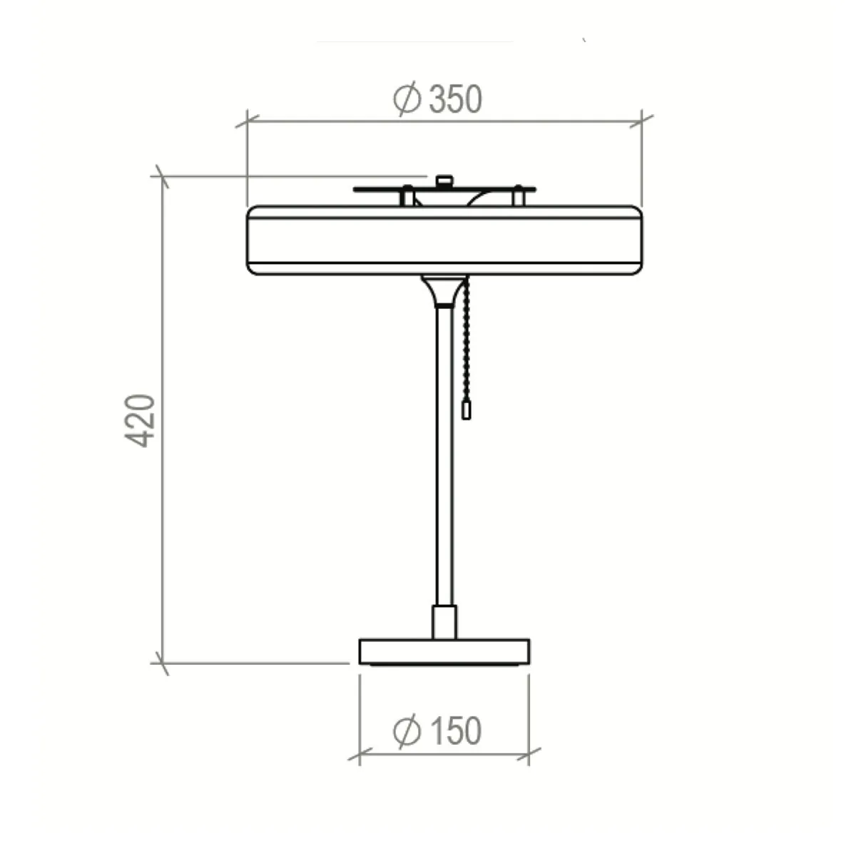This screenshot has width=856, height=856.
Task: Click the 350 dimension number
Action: click(x=455, y=99)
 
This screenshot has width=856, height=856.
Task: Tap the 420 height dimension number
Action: click(x=141, y=420)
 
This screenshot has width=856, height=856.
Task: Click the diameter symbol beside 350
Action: click(x=407, y=99)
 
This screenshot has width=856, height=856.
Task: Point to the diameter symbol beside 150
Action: click(x=407, y=731)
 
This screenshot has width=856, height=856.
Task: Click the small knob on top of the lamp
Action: click(x=444, y=180)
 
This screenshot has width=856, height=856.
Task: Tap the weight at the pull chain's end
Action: click(x=467, y=410)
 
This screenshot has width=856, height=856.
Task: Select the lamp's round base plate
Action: click(x=444, y=651)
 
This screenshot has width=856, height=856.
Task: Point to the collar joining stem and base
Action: click(x=444, y=621)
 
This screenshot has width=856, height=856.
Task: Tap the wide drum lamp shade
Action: click(x=444, y=240)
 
